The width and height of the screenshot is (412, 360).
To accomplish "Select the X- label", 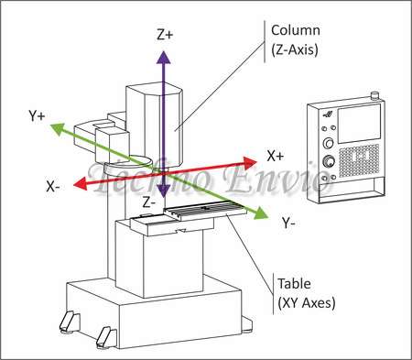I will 55,185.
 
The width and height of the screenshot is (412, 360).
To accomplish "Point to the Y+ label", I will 38,116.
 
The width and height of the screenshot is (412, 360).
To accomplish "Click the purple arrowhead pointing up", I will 162,56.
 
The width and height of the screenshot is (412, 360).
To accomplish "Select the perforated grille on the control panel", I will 357,160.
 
